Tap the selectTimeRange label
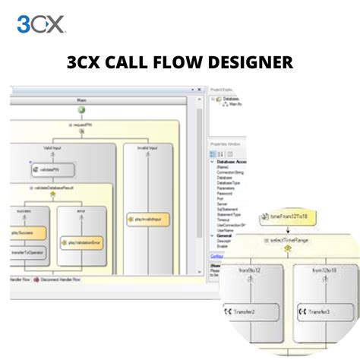(x=289, y=242)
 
